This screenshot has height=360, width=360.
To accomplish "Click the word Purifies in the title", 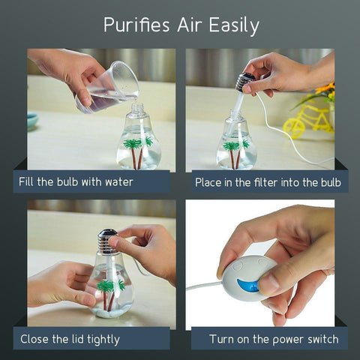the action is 137,25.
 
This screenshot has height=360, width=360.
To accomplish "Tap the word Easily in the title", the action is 234,26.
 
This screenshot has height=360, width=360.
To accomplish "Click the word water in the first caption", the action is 119,181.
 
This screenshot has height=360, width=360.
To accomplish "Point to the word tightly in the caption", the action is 103,340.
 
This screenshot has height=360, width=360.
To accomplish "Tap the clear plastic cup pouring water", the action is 108,88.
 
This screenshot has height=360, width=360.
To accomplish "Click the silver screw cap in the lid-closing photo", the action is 107,241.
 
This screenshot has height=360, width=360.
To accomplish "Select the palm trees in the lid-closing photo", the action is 111,294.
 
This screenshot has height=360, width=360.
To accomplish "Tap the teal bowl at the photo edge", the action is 33,121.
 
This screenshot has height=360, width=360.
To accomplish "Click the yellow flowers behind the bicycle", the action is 325,92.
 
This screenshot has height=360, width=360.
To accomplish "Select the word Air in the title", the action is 190,25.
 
